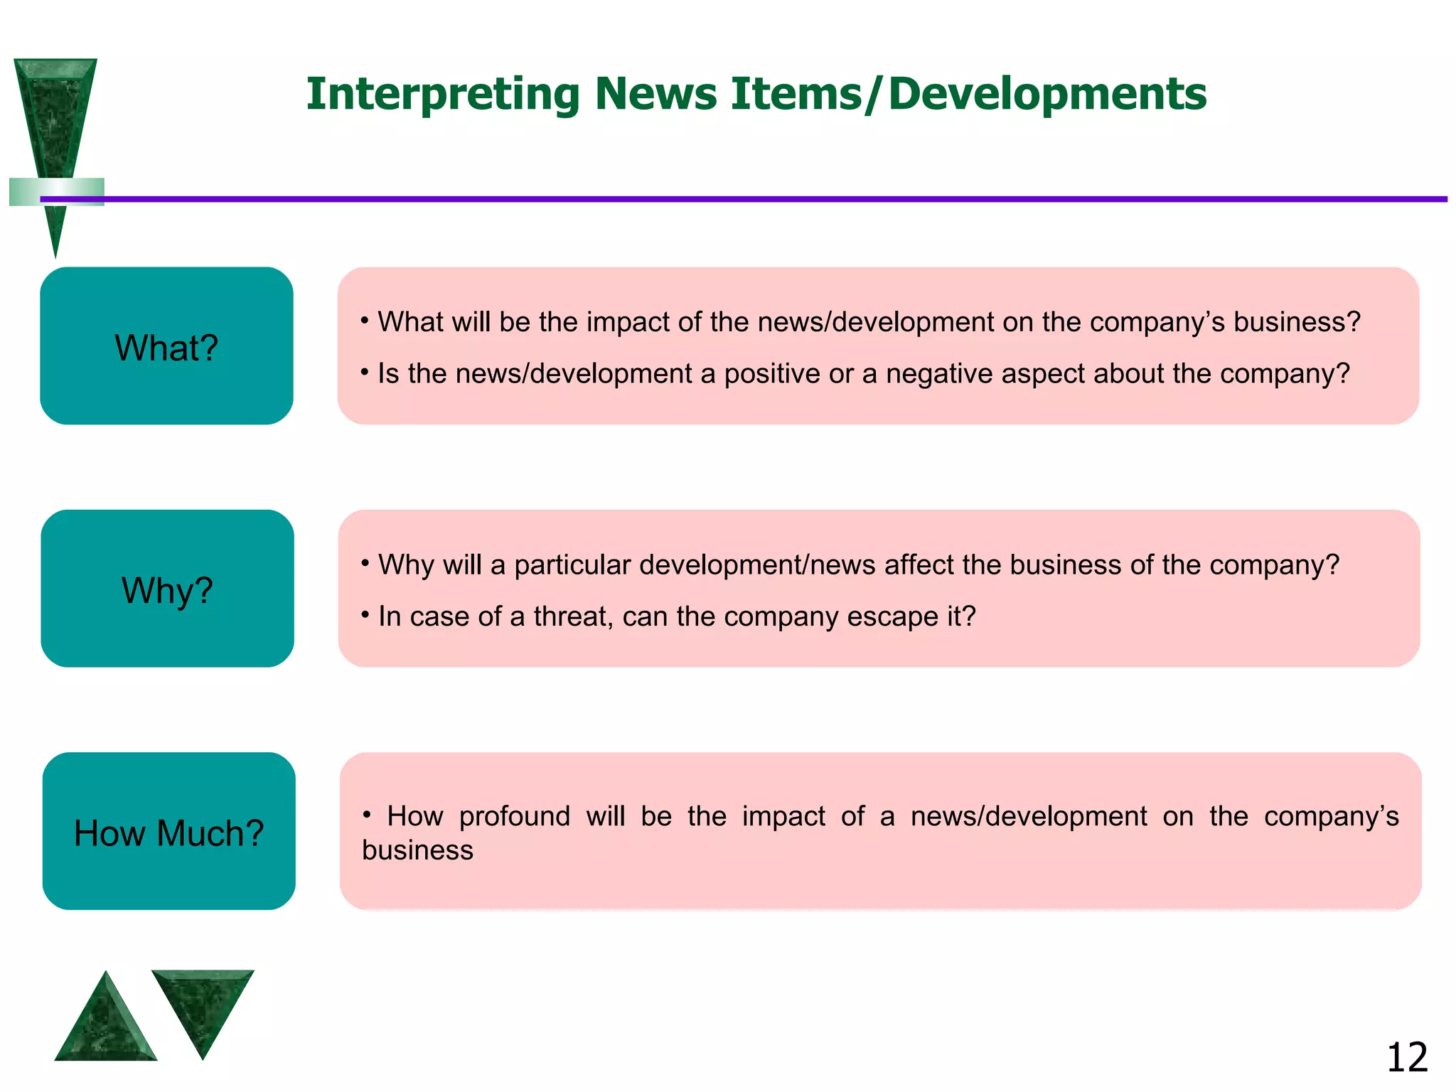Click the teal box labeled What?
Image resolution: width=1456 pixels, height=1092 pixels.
[x=166, y=346]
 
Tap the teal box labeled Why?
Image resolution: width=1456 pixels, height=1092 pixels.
[x=167, y=589]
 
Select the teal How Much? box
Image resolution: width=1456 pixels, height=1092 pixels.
[x=168, y=831]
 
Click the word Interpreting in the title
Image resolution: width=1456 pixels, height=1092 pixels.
[x=443, y=95]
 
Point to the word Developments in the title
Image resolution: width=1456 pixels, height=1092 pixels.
[x=1047, y=95]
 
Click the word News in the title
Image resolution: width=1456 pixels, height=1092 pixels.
[x=655, y=95]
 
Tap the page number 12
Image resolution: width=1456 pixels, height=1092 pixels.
[x=1407, y=1057]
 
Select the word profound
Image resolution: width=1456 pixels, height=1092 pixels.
[x=514, y=816]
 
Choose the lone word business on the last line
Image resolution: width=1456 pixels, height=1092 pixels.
[x=417, y=851]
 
